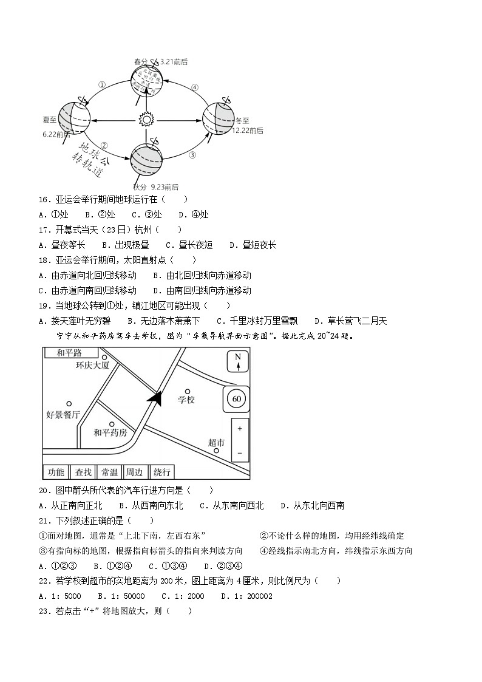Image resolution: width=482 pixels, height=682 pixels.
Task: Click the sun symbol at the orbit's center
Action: click(x=146, y=120)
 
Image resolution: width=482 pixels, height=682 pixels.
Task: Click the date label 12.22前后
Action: click(x=248, y=131)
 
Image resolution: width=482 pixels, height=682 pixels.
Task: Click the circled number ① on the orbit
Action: click(x=102, y=85)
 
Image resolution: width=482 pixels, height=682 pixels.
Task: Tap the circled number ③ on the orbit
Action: click(x=192, y=155)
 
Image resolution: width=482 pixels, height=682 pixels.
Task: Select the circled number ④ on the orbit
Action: click(x=194, y=87)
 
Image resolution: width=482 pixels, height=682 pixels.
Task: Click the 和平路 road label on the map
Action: click(x=69, y=353)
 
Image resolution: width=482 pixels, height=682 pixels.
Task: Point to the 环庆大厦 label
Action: click(x=92, y=366)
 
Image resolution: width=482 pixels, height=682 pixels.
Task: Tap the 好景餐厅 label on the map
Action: click(x=63, y=415)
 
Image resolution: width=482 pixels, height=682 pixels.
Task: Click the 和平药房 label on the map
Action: click(x=110, y=433)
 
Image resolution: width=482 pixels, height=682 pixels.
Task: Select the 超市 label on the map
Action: click(x=216, y=443)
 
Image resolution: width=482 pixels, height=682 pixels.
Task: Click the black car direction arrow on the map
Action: click(x=155, y=397)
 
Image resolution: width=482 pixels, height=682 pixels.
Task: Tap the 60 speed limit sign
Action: click(x=237, y=399)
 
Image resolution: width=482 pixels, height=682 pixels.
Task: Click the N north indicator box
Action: click(x=237, y=361)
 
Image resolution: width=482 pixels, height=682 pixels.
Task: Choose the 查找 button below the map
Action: click(x=84, y=472)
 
